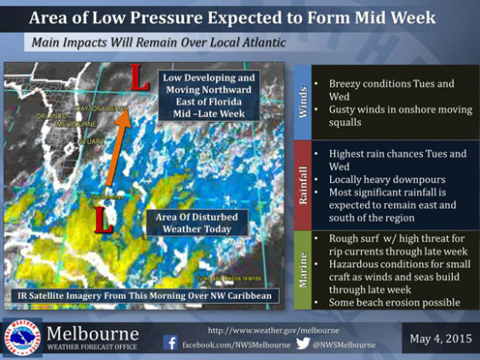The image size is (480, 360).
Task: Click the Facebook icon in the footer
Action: [x=170, y=344]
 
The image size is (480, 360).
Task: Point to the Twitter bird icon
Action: [x=303, y=344]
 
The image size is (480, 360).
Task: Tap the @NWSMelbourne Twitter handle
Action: [x=344, y=345]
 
